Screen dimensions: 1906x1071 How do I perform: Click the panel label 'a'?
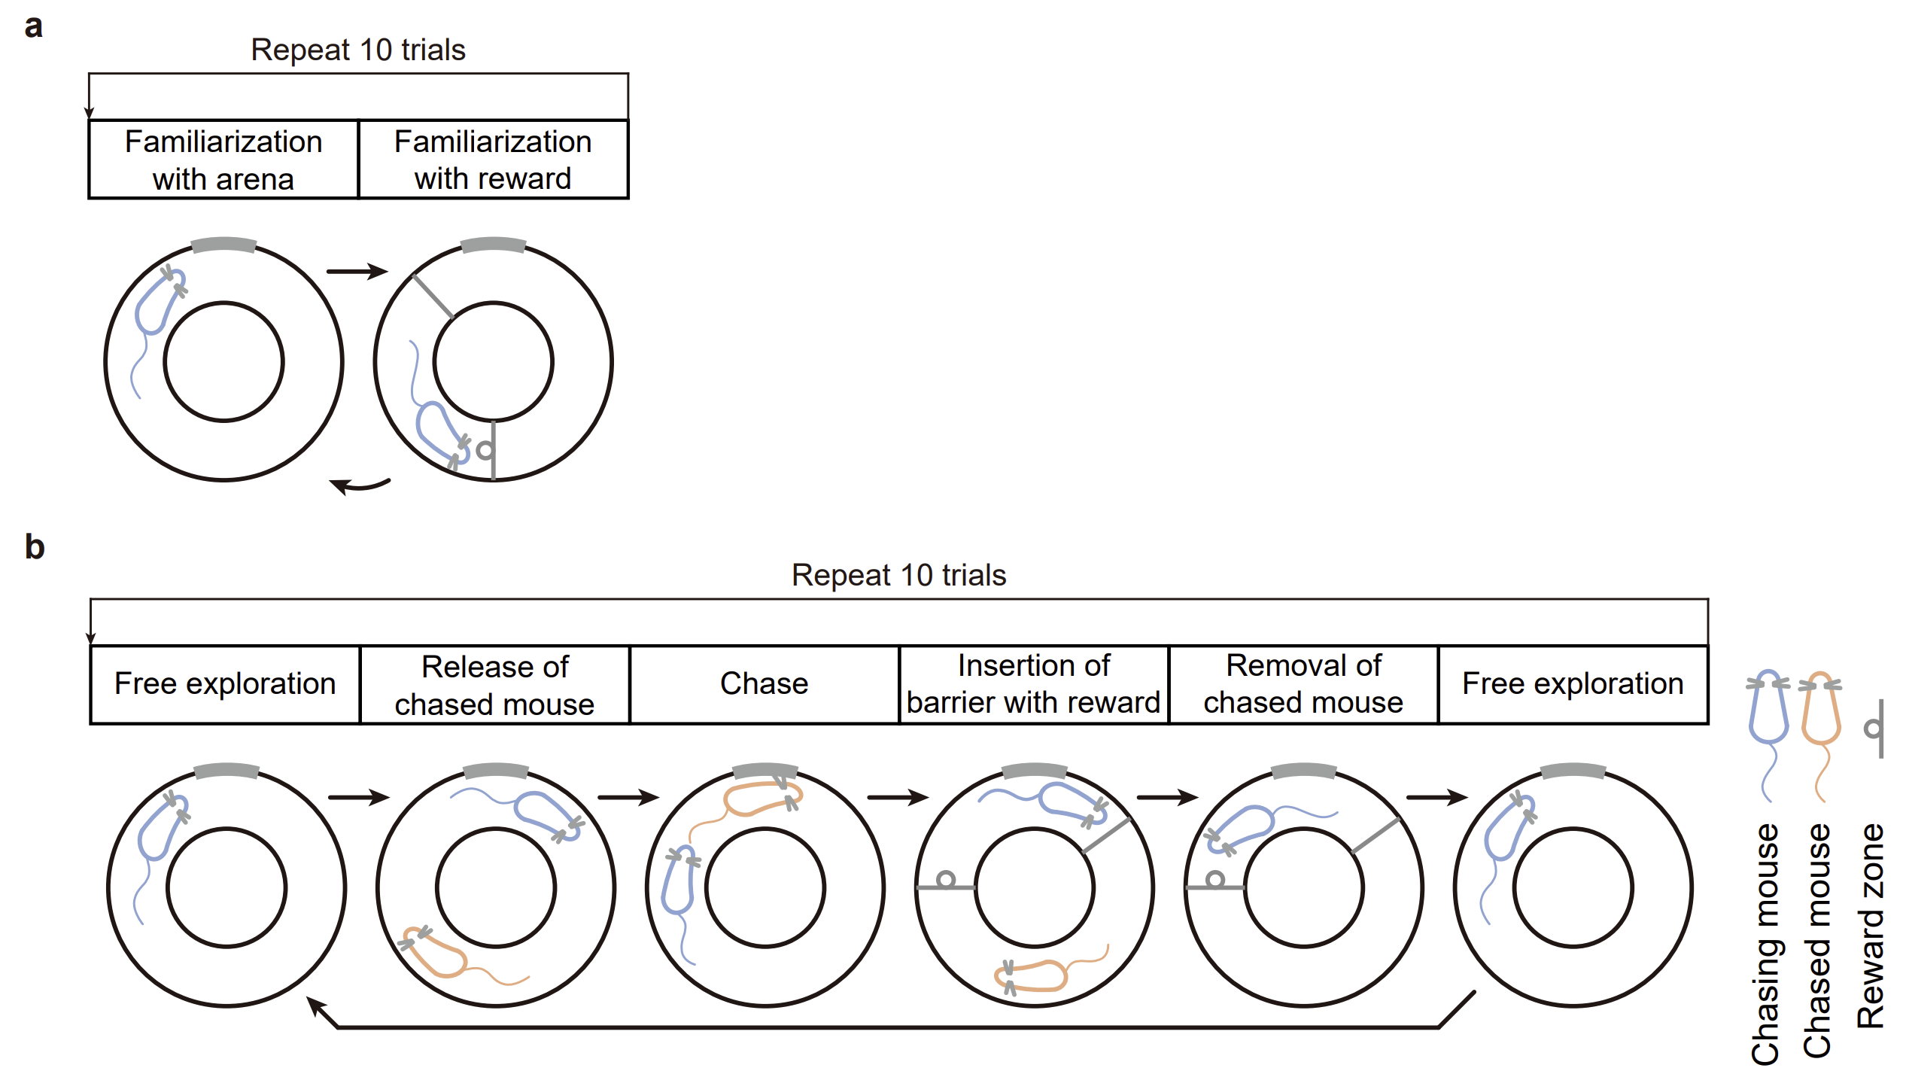[x=34, y=27]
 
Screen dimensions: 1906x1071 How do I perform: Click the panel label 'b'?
[x=35, y=546]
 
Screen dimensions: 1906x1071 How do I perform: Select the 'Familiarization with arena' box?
[x=223, y=160]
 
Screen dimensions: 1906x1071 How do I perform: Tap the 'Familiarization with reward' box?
[x=493, y=160]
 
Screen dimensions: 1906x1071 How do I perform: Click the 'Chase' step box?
[x=765, y=684]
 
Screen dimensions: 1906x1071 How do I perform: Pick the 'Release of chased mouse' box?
[x=495, y=684]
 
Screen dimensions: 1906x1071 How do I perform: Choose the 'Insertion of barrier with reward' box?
[x=1034, y=684]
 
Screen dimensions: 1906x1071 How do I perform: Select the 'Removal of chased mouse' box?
[x=1303, y=684]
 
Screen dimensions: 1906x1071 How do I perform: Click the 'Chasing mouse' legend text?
[x=1766, y=944]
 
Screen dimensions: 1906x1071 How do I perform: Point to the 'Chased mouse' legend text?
[x=1818, y=941]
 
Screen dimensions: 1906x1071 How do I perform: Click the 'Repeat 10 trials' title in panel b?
[x=898, y=575]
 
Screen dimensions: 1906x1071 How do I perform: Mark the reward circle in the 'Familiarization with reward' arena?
[x=485, y=450]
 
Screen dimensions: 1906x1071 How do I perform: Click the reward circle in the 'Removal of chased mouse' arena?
[x=1214, y=879]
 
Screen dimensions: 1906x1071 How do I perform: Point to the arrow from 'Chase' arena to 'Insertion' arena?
[x=898, y=797]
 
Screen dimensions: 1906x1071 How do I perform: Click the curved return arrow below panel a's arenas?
[x=360, y=486]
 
